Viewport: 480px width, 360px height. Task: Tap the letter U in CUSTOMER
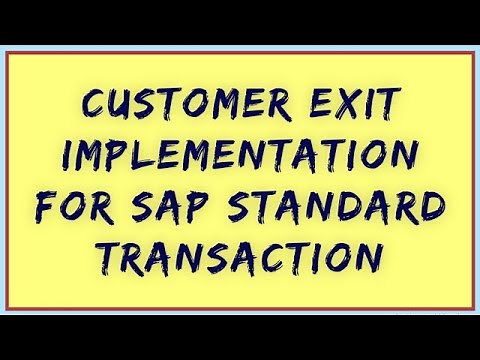coord(122,102)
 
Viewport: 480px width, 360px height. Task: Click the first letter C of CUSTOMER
coord(95,102)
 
